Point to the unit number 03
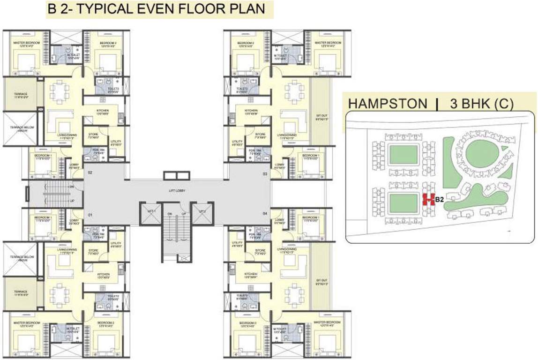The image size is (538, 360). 265,174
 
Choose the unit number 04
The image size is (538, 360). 265,214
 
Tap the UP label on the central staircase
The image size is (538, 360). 183,214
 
